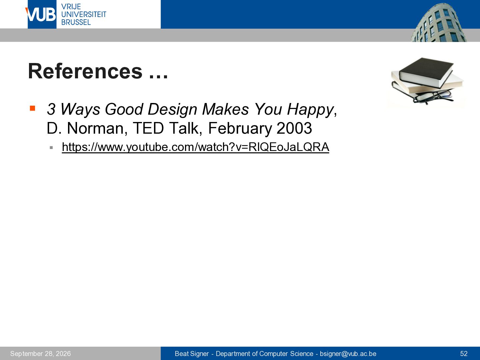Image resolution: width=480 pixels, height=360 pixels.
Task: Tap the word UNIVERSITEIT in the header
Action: click(x=84, y=14)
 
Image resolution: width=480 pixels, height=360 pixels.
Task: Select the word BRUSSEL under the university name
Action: click(x=76, y=22)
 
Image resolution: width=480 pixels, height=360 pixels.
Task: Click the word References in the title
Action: click(x=85, y=71)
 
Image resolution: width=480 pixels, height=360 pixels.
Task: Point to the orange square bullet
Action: click(x=33, y=108)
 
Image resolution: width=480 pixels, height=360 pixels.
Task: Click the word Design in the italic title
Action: click(x=172, y=109)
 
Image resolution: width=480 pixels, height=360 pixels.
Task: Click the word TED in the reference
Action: click(x=148, y=128)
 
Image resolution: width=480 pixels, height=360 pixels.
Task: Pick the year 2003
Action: click(x=294, y=128)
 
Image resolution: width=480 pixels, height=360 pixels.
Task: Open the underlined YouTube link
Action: click(x=195, y=147)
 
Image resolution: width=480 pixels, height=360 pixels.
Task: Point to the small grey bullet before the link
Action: click(x=51, y=148)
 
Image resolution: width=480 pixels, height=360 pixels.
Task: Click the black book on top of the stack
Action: click(x=426, y=72)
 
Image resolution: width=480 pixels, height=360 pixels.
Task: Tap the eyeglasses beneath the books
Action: click(x=433, y=97)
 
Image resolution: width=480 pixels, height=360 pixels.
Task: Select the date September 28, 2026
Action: click(x=40, y=354)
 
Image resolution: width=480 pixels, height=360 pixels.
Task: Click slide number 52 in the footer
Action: click(x=464, y=354)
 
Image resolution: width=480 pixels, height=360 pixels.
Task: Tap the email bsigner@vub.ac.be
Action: click(x=348, y=354)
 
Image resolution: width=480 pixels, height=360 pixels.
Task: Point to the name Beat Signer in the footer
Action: click(x=192, y=354)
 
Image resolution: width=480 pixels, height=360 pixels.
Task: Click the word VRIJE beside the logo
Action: click(x=71, y=7)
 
